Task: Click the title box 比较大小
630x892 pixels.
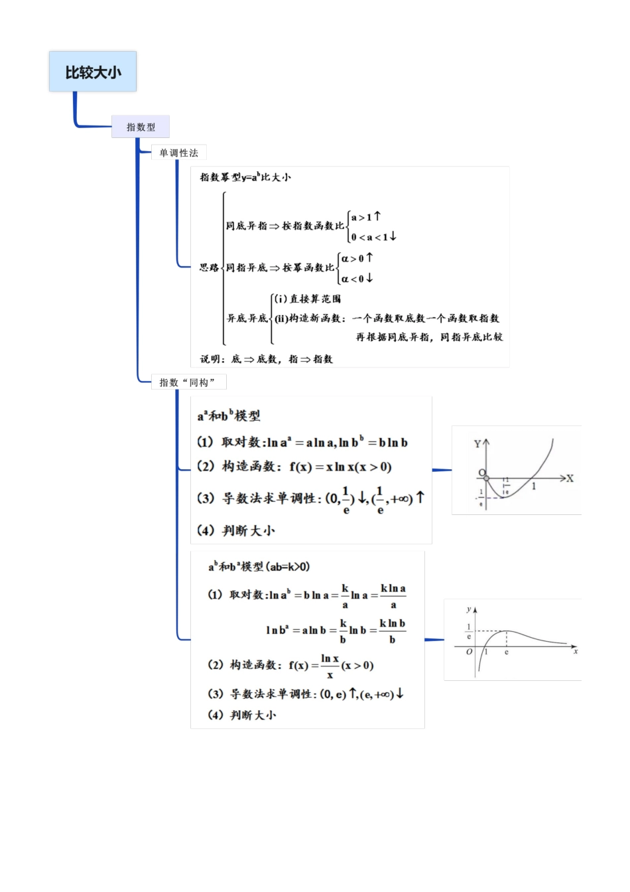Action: (x=93, y=72)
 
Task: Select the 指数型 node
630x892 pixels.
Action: (x=141, y=127)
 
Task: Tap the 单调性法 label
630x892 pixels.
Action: (x=178, y=153)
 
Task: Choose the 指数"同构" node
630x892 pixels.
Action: (x=188, y=382)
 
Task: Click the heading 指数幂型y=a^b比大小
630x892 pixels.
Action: (x=245, y=177)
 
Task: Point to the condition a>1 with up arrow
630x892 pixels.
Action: (x=365, y=216)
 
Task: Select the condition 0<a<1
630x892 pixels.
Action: (x=373, y=237)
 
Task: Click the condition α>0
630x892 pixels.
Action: (x=357, y=258)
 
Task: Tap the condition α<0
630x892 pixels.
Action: (x=357, y=279)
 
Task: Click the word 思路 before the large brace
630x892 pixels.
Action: (x=209, y=267)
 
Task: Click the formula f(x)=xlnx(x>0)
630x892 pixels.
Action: (x=341, y=467)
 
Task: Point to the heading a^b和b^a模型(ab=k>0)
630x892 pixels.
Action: (x=259, y=567)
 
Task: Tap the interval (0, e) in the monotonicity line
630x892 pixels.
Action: (x=333, y=694)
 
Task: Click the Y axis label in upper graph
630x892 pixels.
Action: (x=477, y=443)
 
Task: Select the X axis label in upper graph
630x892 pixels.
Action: (x=570, y=478)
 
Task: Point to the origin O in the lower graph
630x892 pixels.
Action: (x=469, y=652)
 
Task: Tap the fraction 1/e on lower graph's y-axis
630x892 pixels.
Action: (x=469, y=631)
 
